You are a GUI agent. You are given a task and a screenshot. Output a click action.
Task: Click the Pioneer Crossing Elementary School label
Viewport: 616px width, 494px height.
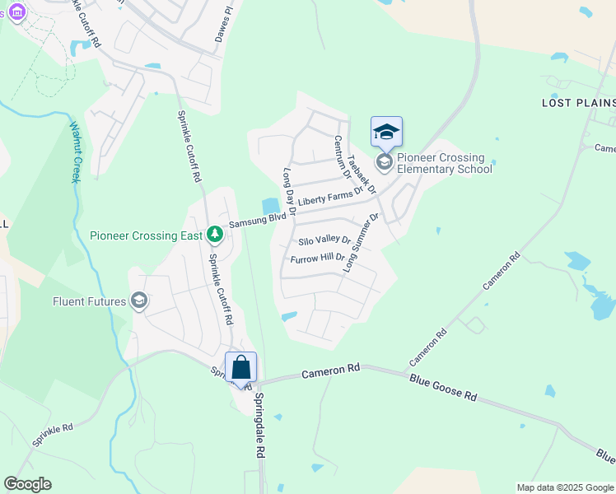point(444,163)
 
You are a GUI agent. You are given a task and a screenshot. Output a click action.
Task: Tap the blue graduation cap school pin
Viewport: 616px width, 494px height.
point(386,132)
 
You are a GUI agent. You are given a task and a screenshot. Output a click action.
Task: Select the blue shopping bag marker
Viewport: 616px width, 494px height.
point(241,366)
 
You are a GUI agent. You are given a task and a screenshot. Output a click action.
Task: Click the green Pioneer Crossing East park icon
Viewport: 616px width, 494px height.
point(215,235)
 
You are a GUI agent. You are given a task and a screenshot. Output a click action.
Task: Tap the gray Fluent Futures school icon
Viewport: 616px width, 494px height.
point(139,301)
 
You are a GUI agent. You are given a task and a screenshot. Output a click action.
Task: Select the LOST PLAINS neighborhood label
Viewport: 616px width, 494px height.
point(578,103)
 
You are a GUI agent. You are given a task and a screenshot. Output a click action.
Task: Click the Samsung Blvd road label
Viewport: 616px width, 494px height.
point(257,220)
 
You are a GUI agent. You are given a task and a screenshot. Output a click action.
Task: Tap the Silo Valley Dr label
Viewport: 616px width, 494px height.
point(324,240)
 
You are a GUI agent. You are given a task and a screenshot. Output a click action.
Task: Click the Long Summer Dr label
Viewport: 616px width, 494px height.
point(362,244)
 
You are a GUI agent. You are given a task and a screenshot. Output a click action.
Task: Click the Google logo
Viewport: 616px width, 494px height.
point(27,484)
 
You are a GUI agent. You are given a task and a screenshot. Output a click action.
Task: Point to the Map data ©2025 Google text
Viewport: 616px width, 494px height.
point(564,487)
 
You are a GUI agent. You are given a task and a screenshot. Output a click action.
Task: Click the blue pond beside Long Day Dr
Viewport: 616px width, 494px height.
point(270,205)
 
